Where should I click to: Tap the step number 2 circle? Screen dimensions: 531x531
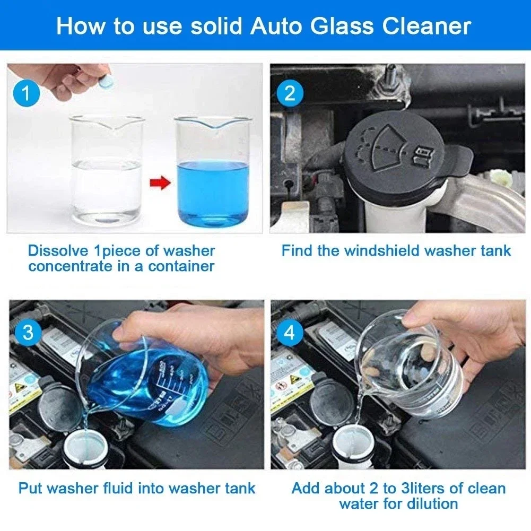pos(290,94)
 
